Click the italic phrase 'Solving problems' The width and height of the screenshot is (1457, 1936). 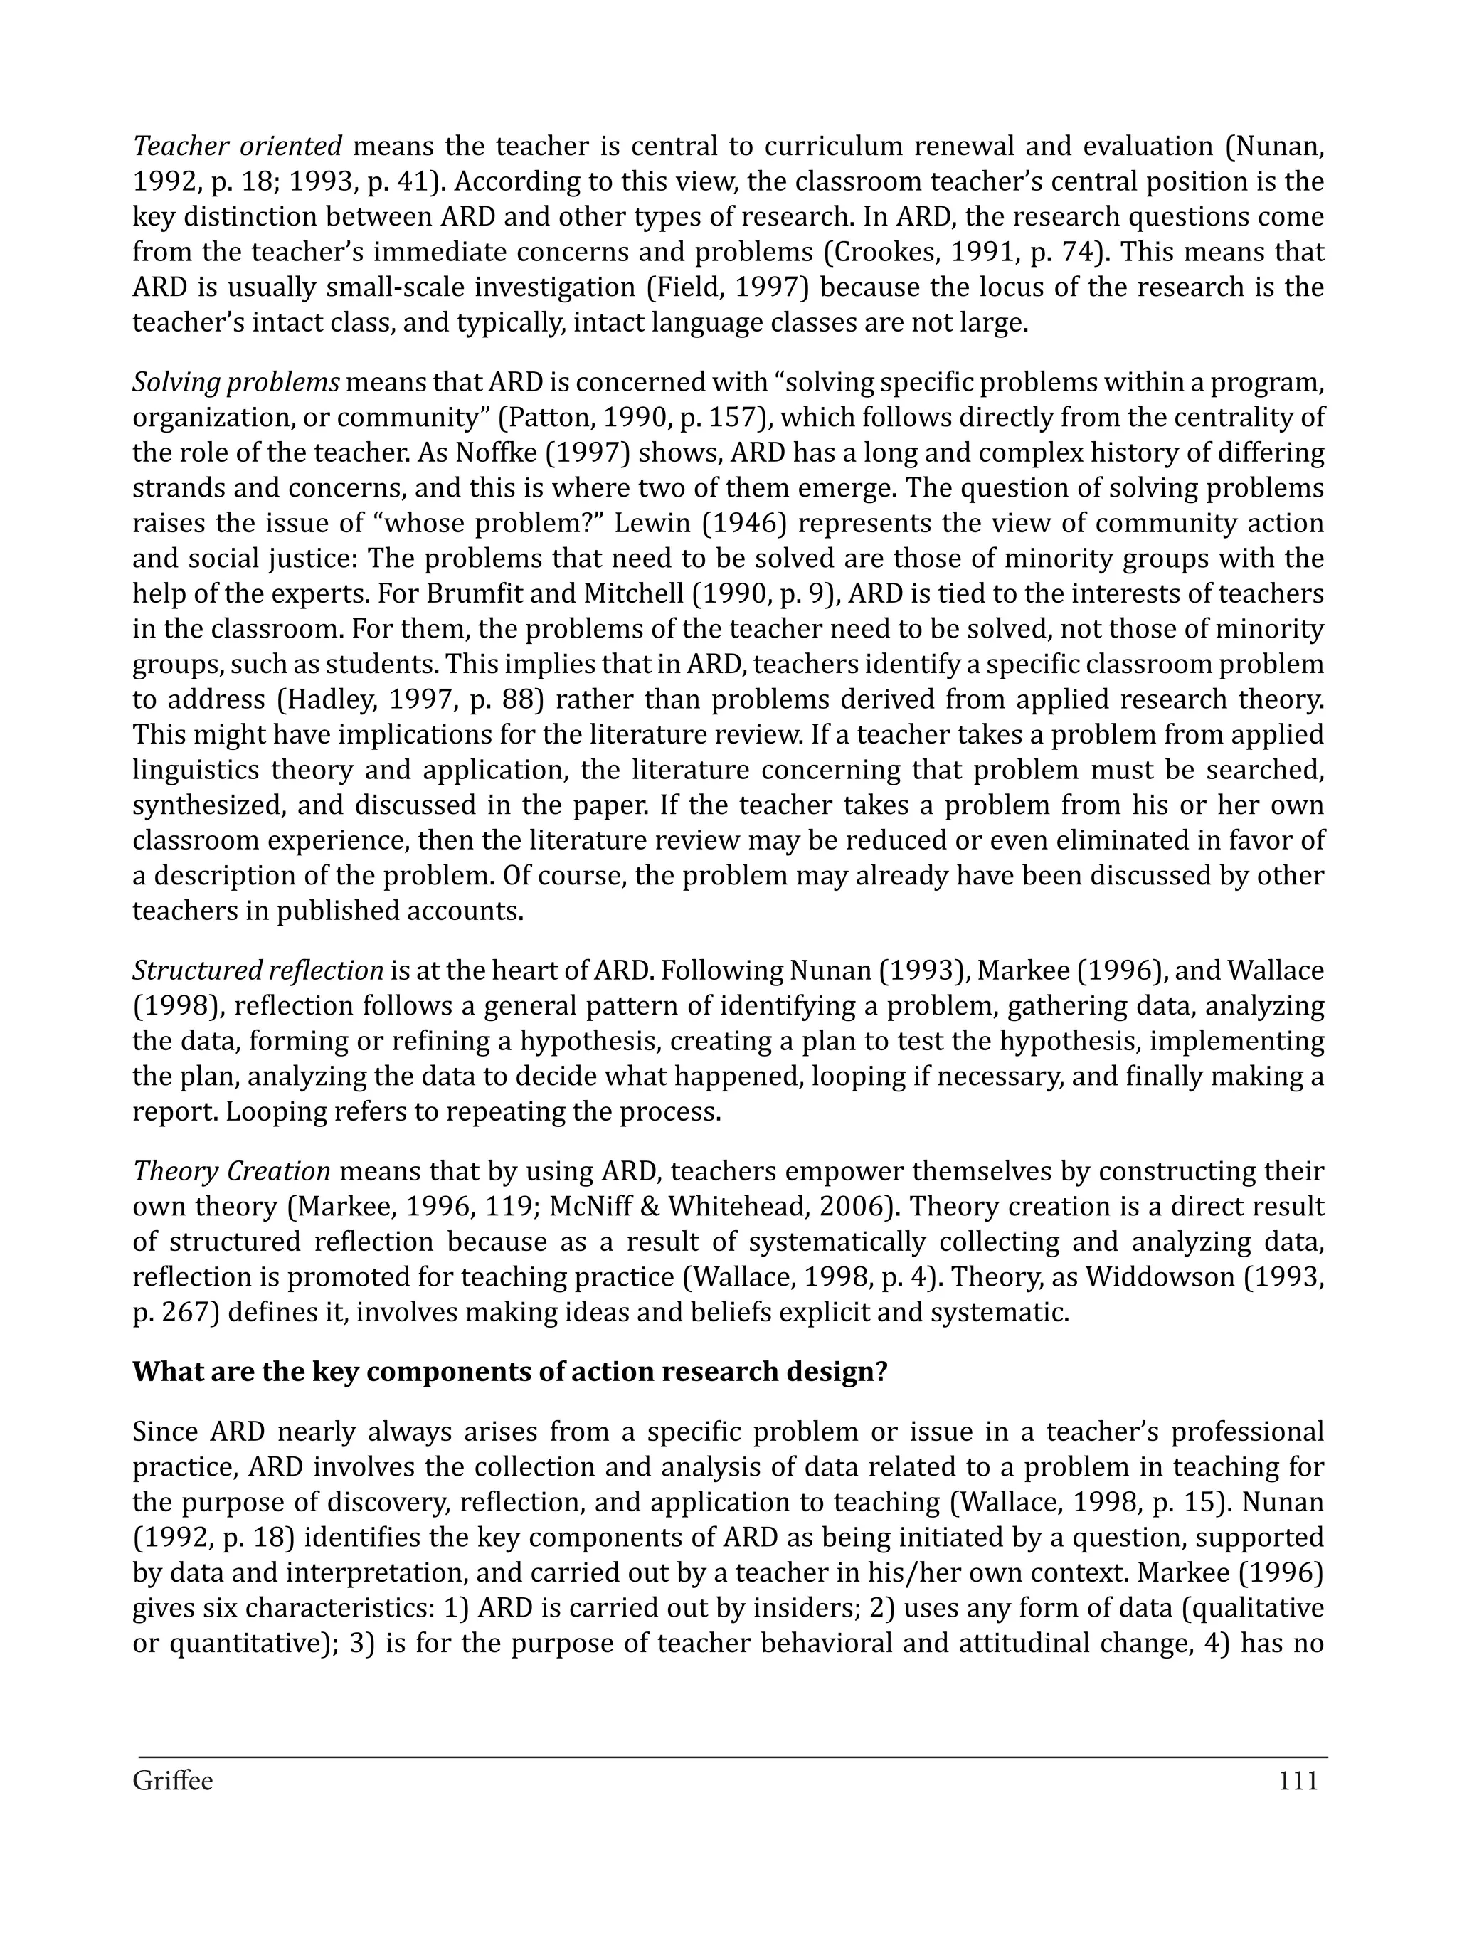click(236, 383)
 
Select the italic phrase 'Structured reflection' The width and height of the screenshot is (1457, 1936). click(258, 970)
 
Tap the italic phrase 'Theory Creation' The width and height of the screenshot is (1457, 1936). click(231, 1170)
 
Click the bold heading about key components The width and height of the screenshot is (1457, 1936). click(509, 1370)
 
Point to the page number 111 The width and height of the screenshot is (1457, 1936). click(1298, 1781)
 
